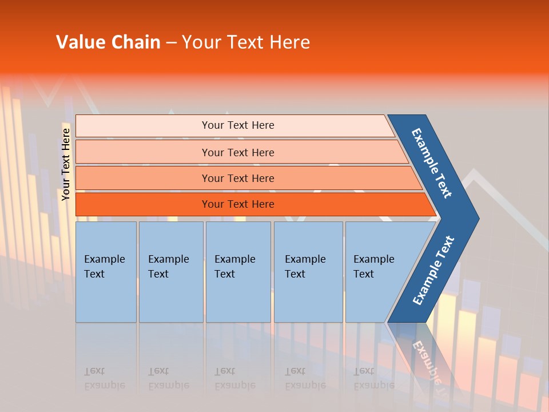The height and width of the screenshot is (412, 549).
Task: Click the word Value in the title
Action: [x=81, y=42]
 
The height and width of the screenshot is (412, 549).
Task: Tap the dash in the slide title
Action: [x=171, y=43]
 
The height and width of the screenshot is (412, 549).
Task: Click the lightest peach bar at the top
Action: [x=237, y=125]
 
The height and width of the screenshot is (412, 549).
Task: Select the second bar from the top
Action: [x=237, y=152]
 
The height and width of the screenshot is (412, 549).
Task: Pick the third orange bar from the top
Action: [x=237, y=178]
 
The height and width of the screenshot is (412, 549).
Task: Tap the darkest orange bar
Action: [x=237, y=204]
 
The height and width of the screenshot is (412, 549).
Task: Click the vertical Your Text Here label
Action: [x=66, y=164]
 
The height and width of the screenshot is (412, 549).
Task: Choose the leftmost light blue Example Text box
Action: [x=106, y=272]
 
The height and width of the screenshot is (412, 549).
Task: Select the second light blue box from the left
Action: [x=171, y=272]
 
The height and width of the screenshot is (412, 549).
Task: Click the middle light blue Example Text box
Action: [x=238, y=272]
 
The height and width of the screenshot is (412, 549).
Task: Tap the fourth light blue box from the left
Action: [x=308, y=272]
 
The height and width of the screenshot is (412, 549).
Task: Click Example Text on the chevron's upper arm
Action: [x=432, y=163]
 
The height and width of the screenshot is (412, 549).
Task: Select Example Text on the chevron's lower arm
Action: [x=433, y=270]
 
